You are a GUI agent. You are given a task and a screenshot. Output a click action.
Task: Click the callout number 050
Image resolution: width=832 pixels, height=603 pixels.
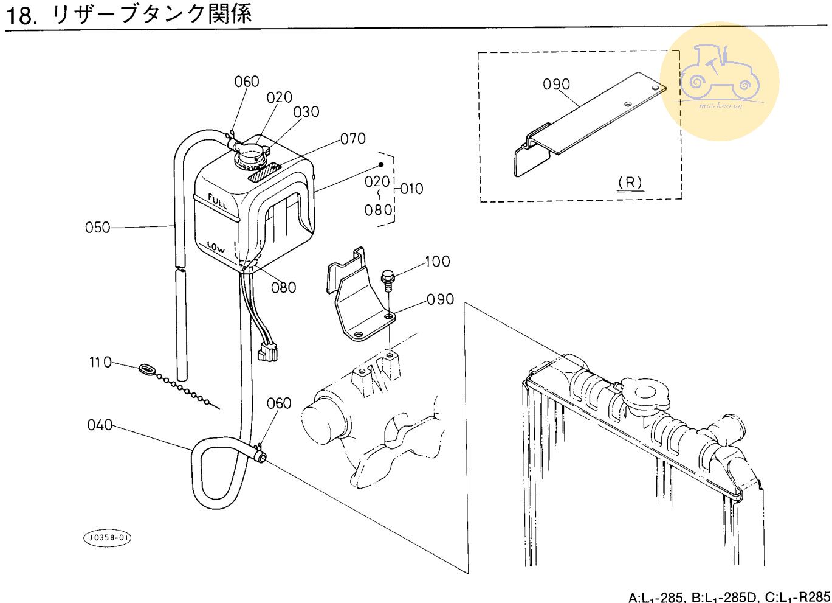tap(97, 228)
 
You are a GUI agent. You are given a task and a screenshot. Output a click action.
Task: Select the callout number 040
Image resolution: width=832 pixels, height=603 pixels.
tap(100, 425)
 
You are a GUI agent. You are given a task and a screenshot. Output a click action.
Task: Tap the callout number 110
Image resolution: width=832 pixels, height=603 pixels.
tap(100, 363)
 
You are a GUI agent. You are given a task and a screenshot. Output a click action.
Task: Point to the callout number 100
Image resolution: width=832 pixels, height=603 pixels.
tap(437, 262)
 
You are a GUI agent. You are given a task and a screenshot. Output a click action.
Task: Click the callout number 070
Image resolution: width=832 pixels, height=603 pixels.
tap(353, 139)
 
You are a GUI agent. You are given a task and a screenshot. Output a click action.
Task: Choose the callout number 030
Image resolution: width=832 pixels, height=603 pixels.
tap(306, 112)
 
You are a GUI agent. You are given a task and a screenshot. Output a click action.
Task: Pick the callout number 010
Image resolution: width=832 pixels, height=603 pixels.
tap(411, 189)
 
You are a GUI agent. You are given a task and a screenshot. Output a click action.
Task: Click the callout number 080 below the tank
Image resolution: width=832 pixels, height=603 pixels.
tap(283, 287)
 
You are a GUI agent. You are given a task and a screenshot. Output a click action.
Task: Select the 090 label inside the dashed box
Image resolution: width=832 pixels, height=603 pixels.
tap(556, 84)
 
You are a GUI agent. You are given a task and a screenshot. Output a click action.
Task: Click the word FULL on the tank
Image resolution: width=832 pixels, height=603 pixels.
tap(217, 201)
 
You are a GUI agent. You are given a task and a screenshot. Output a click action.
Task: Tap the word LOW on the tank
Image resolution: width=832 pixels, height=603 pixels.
tap(215, 247)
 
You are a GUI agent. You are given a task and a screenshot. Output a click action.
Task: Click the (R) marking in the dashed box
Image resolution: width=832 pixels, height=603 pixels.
tap(630, 182)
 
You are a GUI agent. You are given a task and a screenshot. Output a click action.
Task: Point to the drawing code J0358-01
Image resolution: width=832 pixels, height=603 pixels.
tap(107, 538)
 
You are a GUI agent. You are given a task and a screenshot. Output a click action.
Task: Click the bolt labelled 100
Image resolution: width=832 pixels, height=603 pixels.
tap(387, 281)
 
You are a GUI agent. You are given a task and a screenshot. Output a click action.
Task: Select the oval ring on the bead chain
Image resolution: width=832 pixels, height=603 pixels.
tap(148, 369)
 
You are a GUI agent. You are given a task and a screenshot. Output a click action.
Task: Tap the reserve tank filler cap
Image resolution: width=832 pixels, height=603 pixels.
tap(253, 156)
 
